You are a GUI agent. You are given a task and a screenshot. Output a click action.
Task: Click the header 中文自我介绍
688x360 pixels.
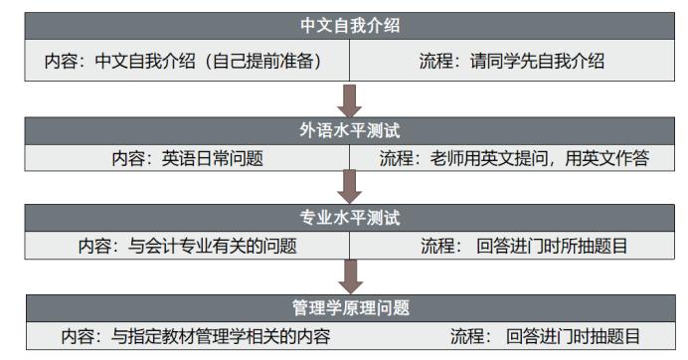point(343,25)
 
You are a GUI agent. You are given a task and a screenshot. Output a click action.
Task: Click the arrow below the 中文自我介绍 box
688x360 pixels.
point(350,101)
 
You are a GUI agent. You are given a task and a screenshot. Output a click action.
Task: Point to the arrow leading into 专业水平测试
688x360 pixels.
point(350,187)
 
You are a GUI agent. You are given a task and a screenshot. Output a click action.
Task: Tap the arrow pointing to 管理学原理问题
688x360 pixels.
point(350,273)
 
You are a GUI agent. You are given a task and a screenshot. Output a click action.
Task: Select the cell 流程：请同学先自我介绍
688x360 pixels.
point(513,62)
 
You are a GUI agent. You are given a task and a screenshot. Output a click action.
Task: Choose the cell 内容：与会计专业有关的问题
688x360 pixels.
point(189,246)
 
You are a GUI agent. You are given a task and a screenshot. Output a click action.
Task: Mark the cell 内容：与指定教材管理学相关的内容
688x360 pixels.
point(195,335)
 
